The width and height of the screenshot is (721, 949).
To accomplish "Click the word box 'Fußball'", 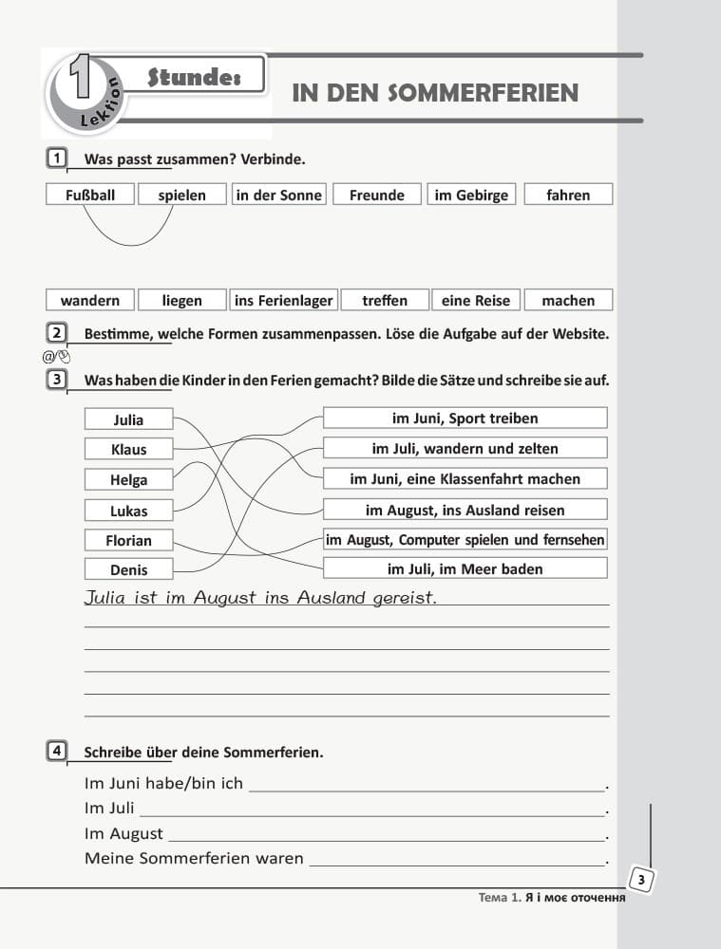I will click(90, 195).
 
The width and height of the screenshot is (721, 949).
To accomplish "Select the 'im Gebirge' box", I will click(471, 195).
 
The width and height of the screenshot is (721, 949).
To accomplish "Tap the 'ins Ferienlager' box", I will click(283, 300).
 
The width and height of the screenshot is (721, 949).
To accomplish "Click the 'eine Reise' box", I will click(476, 300).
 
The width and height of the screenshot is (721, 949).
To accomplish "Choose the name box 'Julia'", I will click(128, 419).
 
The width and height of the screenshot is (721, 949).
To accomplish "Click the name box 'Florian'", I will click(128, 540).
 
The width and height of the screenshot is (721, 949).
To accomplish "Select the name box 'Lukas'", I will click(128, 510).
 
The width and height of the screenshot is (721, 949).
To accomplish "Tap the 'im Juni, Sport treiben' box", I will click(465, 418).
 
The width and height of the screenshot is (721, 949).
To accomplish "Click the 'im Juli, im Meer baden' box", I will click(465, 568).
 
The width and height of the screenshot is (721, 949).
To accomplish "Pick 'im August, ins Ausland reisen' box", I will click(465, 510).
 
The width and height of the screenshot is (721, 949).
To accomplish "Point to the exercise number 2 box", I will click(57, 332).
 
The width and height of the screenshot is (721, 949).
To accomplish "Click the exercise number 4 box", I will click(57, 752).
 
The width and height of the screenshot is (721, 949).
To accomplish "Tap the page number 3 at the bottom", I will click(641, 881).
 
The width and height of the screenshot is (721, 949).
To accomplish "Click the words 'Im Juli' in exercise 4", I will click(108, 809).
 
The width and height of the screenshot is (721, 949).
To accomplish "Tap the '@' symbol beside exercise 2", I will click(48, 357).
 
